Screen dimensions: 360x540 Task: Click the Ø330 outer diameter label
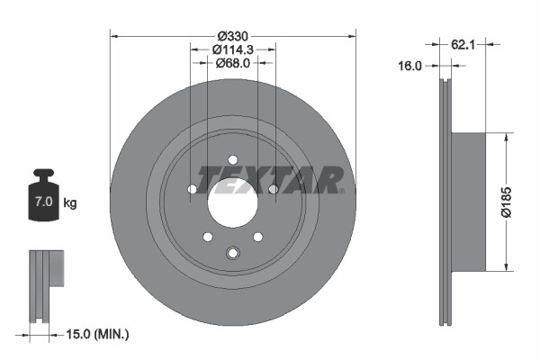coord(232,36)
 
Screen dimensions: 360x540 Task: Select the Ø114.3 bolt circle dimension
coord(232,49)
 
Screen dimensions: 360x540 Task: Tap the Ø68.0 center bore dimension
coord(232,63)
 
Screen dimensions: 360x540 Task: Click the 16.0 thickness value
coord(409,65)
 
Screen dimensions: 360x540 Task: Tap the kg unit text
coord(70,203)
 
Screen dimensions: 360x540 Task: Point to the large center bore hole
coord(232,200)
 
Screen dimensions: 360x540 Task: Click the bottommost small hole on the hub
coord(232,253)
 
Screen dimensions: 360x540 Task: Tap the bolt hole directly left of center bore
coord(192,189)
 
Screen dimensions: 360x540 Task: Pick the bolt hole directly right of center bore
coord(273,189)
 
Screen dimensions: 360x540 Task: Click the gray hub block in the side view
coord(467,201)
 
